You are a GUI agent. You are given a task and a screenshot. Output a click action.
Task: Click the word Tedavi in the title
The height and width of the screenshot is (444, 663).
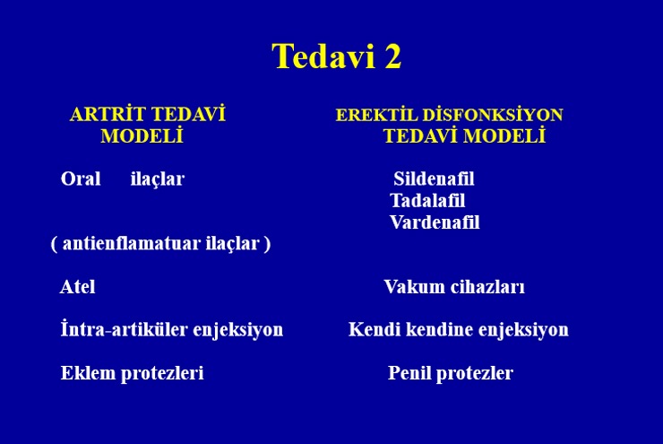coord(323,56)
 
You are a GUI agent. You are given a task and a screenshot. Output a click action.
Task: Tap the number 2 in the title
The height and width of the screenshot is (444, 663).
coord(392,56)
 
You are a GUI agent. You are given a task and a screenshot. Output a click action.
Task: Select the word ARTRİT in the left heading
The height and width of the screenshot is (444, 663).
coord(108,114)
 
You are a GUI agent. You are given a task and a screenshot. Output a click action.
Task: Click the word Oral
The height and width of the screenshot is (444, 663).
coord(81,178)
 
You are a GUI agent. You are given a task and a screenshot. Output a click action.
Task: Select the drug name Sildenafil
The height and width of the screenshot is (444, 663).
coord(434,178)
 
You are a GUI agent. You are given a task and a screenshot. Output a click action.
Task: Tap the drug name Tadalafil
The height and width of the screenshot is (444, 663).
coord(427,201)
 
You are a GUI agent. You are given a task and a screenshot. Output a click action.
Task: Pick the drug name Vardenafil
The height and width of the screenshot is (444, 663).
coord(435,222)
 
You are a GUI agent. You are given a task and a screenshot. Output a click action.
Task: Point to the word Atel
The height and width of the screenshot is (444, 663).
coord(78,286)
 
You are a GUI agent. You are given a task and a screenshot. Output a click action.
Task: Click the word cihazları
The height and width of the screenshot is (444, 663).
coord(487,286)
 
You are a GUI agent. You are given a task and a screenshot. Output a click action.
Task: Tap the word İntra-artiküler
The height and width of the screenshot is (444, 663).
coord(125,329)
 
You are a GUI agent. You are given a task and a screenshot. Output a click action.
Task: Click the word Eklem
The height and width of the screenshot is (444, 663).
coord(88,373)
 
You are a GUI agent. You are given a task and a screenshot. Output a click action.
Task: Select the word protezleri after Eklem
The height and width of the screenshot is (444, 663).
coord(162,374)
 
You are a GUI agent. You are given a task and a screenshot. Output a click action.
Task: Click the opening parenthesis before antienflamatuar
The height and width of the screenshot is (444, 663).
coord(54,244)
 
